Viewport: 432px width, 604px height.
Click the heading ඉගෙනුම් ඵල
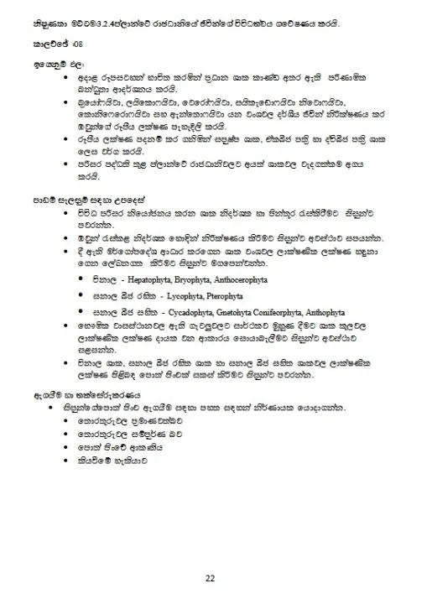click(53, 64)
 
